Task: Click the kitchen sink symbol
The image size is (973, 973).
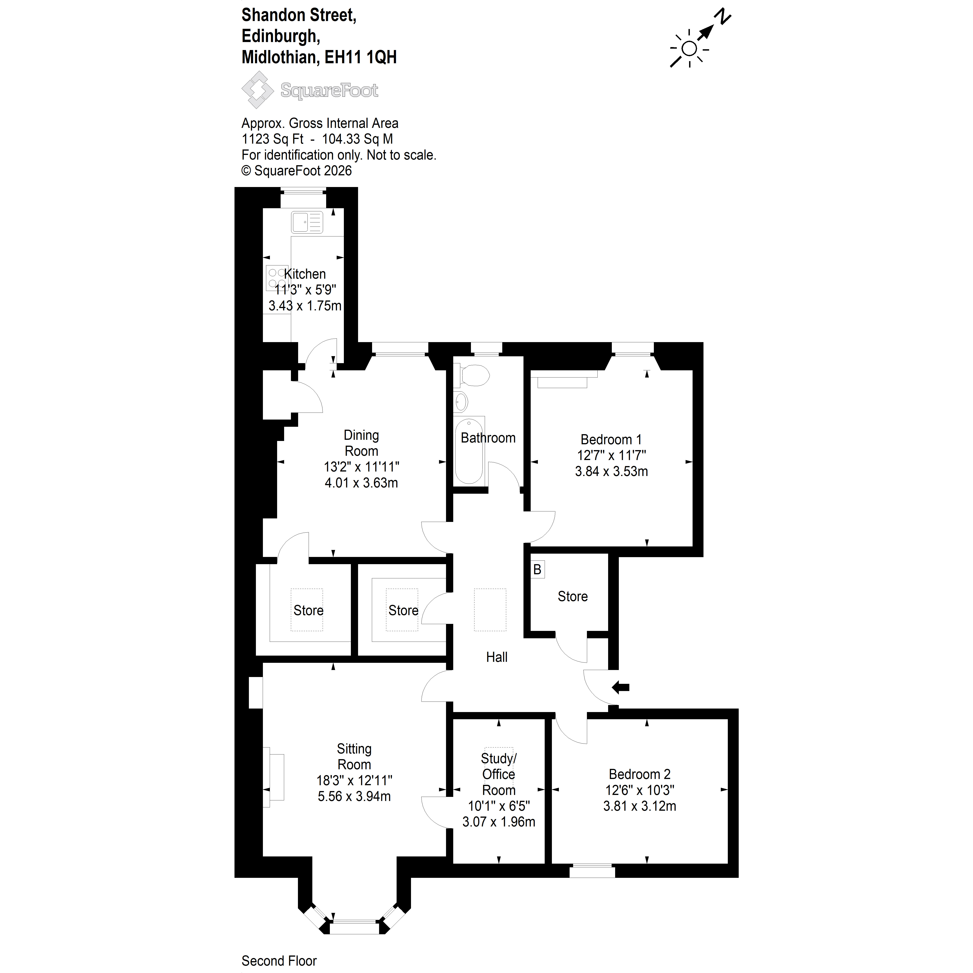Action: click(x=307, y=222)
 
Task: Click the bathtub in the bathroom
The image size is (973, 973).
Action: click(x=469, y=451)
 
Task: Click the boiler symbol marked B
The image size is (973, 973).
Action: click(x=537, y=570)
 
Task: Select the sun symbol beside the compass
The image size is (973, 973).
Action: click(x=689, y=49)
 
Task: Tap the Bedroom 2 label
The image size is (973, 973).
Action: click(x=640, y=774)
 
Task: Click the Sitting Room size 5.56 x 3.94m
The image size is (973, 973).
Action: click(x=354, y=796)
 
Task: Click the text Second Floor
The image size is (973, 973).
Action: click(x=279, y=961)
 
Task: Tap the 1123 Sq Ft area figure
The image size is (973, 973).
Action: click(x=272, y=139)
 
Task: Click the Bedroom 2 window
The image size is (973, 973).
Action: click(x=592, y=871)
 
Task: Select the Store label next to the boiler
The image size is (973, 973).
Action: click(x=573, y=596)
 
